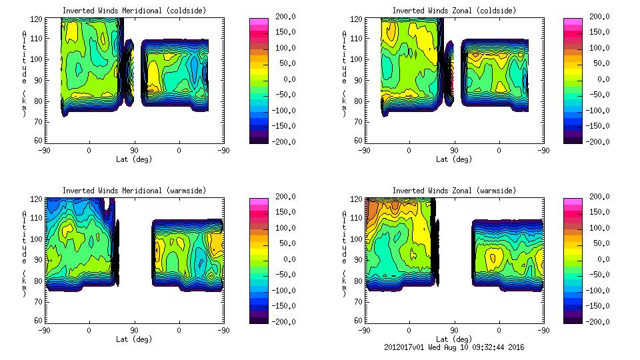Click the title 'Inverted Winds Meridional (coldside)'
tap(134, 11)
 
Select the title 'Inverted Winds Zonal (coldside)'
tap(454, 11)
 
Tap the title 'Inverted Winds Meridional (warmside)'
tap(134, 191)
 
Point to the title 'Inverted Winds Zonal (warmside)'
tap(454, 191)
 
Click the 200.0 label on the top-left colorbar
tap(284, 17)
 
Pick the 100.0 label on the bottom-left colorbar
tap(284, 228)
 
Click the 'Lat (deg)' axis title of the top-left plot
tap(134, 159)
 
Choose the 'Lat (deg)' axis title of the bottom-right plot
tap(454, 339)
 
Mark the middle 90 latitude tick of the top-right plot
tap(454, 151)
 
